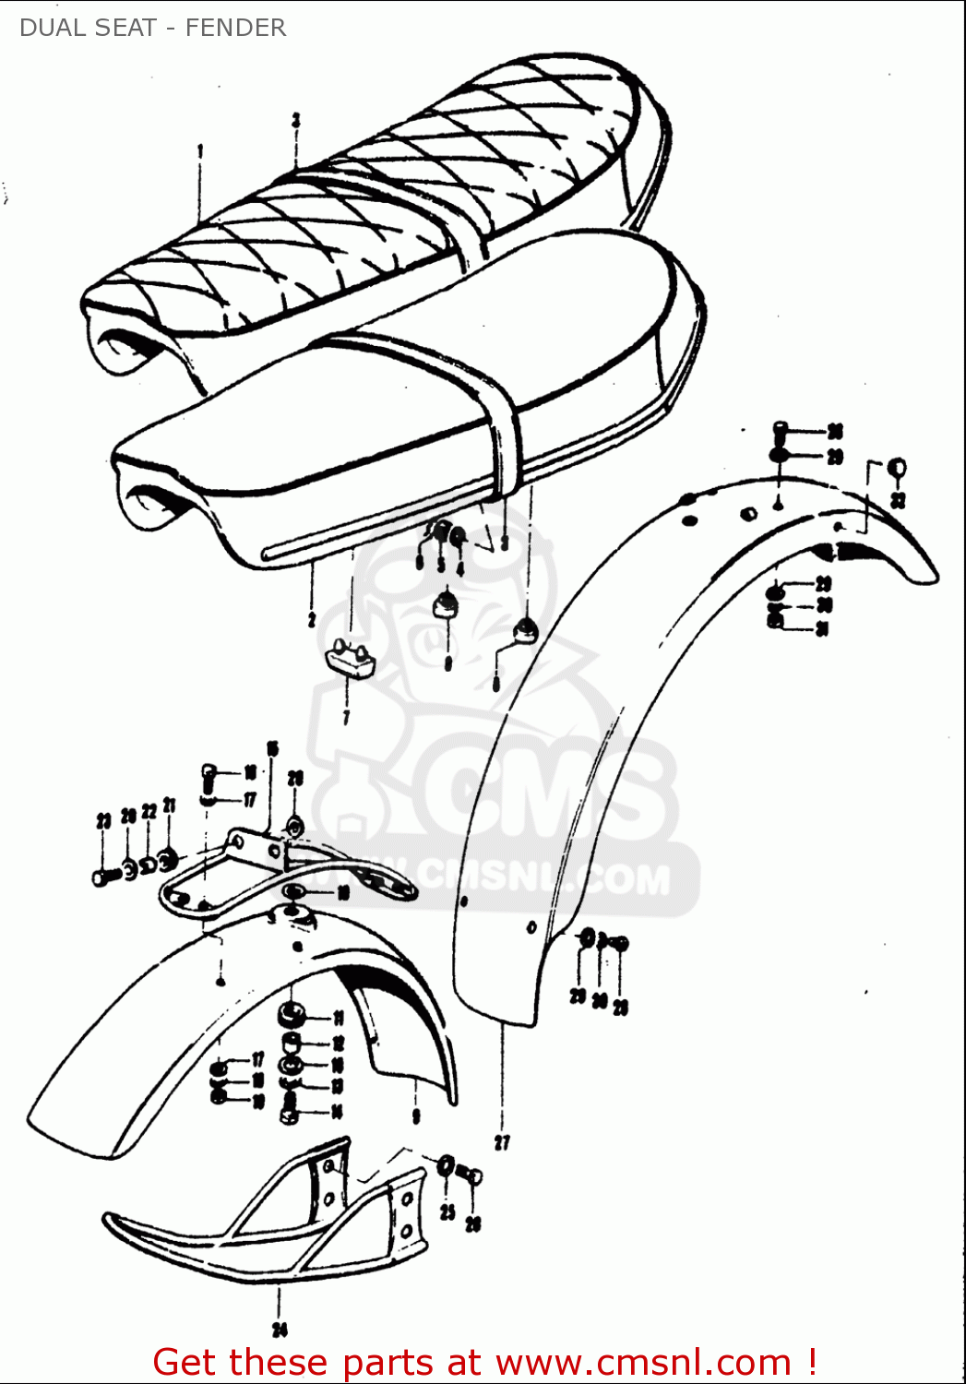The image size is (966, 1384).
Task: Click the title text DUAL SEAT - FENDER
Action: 152,28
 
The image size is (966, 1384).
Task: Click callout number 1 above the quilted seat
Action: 200,150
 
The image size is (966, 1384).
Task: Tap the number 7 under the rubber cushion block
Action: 346,717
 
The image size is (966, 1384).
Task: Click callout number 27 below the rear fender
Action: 502,1142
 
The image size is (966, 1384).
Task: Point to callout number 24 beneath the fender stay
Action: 280,1330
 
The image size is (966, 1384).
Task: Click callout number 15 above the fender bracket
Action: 272,748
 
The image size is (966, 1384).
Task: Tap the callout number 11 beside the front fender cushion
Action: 338,1019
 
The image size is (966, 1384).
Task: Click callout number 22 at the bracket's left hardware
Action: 149,812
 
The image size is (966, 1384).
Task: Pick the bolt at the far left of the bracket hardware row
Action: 104,876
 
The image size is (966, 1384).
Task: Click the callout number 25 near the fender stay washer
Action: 447,1211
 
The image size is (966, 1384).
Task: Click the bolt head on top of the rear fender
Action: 779,430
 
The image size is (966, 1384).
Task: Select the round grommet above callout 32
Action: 896,468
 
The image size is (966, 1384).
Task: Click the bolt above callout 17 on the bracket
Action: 209,773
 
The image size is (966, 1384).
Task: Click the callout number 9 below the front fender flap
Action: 416,1116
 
